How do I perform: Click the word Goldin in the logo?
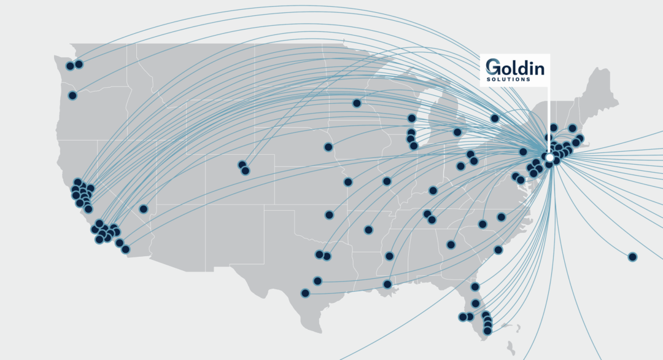pyautogui.click(x=514, y=67)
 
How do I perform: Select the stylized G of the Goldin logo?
pyautogui.click(x=492, y=67)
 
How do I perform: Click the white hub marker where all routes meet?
pyautogui.click(x=549, y=158)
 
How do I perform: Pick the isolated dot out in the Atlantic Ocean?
pyautogui.click(x=632, y=256)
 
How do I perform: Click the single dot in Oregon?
pyautogui.click(x=72, y=95)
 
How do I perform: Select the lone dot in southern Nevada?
pyautogui.click(x=144, y=209)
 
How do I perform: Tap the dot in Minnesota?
pyautogui.click(x=357, y=103)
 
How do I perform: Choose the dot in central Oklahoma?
pyautogui.click(x=329, y=215)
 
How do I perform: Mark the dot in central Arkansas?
pyautogui.click(x=368, y=230)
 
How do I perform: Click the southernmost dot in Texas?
pyautogui.click(x=305, y=293)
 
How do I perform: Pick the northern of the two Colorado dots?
pyautogui.click(x=242, y=165)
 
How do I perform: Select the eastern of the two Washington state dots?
pyautogui.click(x=79, y=64)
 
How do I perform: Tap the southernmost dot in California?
pyautogui.click(x=125, y=249)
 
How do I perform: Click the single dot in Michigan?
pyautogui.click(x=457, y=132)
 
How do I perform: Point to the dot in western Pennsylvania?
pyautogui.click(x=523, y=152)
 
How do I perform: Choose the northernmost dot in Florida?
pyautogui.click(x=475, y=287)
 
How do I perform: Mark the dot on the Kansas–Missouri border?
pyautogui.click(x=348, y=182)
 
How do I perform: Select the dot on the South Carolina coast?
pyautogui.click(x=498, y=250)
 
